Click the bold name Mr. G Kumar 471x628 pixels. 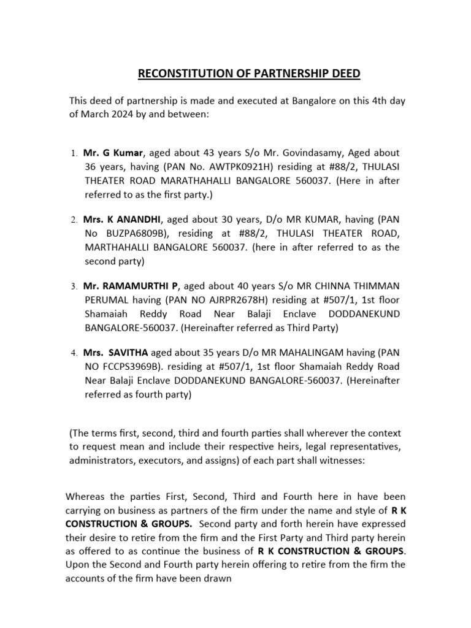click(113, 152)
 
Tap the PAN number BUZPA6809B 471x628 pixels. click(131, 233)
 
